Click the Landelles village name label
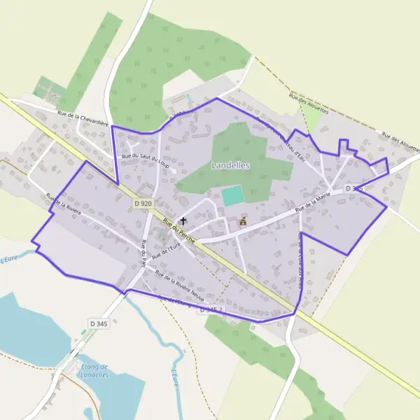[230, 165]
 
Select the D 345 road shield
[99, 323]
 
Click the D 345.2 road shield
[212, 309]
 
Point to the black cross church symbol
[183, 221]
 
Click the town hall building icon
[243, 221]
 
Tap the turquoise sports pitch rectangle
[232, 195]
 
